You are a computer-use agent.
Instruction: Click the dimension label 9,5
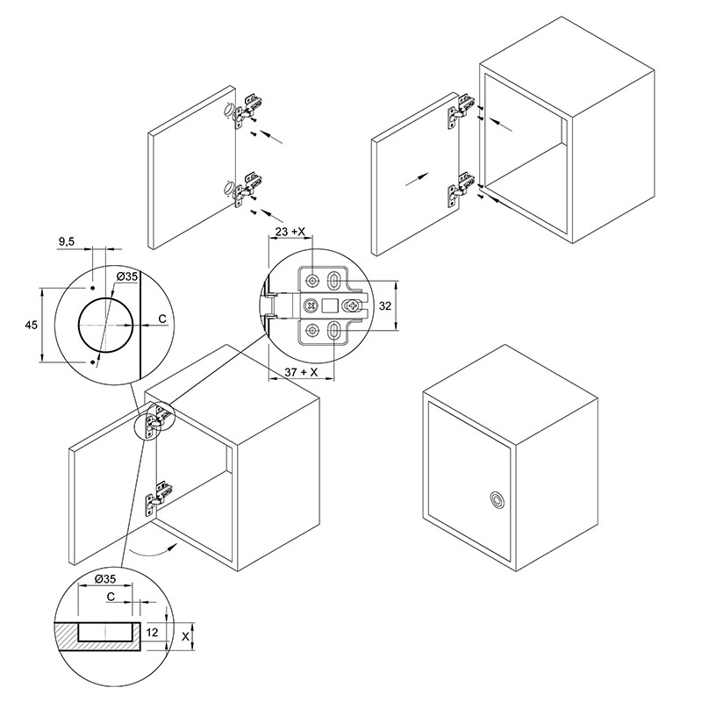coord(67,242)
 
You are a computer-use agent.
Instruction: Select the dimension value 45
coord(32,325)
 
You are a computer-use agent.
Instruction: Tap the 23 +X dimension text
coord(290,232)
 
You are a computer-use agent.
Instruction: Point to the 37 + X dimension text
coord(301,372)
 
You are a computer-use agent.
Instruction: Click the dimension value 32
coord(385,305)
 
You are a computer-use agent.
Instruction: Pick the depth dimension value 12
coord(152,632)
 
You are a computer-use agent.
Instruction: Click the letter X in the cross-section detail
coord(186,635)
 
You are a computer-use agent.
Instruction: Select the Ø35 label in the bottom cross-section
coord(105,578)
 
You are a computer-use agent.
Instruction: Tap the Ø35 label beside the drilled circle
coord(127,276)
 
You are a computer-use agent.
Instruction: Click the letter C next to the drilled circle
coord(162,319)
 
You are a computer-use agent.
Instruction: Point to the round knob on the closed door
coord(496,499)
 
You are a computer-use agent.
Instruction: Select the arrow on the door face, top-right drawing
coord(418,179)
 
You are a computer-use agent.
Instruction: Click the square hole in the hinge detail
coord(329,305)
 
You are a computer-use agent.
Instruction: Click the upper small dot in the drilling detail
coord(92,288)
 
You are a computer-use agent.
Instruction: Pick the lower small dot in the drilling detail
coord(92,362)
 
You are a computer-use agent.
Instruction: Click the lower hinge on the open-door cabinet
coord(157,498)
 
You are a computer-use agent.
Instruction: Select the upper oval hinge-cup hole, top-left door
coord(229,111)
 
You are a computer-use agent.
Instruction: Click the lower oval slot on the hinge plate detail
coord(333,331)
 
